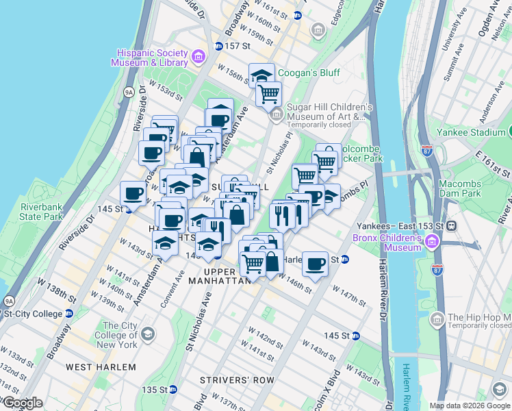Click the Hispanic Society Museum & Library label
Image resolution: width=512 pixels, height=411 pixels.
pyautogui.click(x=152, y=58)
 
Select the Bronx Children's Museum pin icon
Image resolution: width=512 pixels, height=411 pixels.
pyautogui.click(x=432, y=242)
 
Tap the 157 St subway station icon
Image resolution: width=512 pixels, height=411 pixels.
pyautogui.click(x=218, y=46)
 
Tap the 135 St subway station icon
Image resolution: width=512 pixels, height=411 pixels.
pyautogui.click(x=173, y=390)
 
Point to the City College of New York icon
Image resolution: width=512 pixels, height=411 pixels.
pyautogui.click(x=147, y=334)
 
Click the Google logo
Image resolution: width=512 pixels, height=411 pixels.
pyautogui.click(x=23, y=403)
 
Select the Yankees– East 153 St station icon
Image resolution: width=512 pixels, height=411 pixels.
pyautogui.click(x=452, y=226)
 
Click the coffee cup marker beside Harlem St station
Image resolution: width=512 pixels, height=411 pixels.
pyautogui.click(x=316, y=263)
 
